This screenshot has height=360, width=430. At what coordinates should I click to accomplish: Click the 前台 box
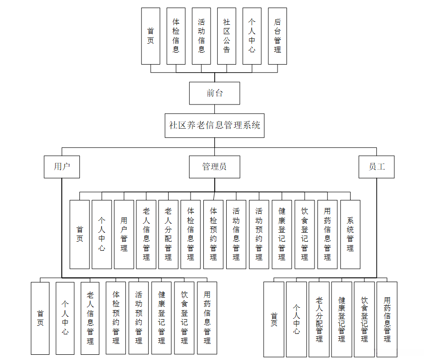point(214,93)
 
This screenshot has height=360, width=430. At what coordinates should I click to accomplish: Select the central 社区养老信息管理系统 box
point(214,125)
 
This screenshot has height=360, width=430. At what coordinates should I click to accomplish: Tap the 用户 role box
point(62,167)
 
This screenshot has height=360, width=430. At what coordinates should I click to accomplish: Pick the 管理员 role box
point(214,167)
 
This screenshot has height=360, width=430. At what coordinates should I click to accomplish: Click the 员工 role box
point(376,167)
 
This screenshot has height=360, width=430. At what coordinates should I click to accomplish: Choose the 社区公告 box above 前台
point(227,36)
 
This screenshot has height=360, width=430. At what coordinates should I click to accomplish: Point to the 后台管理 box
point(277,36)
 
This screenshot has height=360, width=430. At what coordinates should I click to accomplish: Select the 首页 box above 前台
point(151,36)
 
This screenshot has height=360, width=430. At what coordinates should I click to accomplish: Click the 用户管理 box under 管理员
point(124,234)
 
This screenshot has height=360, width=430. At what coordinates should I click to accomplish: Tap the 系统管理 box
point(350,234)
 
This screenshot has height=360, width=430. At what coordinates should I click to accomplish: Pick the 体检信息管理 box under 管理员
point(191,234)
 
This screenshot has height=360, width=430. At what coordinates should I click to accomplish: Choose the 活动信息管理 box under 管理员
point(236,234)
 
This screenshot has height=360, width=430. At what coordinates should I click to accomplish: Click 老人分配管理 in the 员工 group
point(319,319)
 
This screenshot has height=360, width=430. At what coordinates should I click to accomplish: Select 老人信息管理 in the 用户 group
point(90,318)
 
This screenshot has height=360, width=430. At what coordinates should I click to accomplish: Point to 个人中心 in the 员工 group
point(296,319)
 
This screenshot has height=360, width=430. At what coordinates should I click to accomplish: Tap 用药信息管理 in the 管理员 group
point(327,234)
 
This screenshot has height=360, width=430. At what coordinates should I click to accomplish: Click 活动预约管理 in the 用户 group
point(139,318)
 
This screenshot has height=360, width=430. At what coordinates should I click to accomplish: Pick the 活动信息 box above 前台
point(201,36)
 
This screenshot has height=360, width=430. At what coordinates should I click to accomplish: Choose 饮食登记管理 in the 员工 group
point(364,319)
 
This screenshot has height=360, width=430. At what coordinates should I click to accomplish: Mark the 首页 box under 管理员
point(79,234)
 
